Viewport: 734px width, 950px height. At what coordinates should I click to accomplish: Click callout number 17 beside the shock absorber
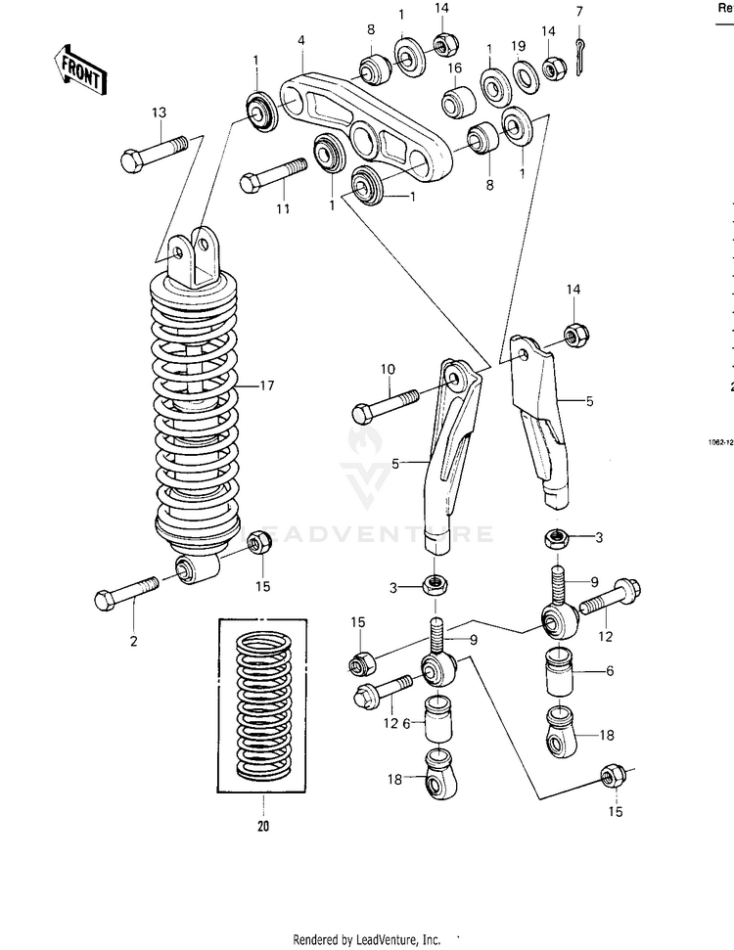tap(267, 385)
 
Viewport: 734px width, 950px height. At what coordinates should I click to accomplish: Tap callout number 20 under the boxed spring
tap(263, 825)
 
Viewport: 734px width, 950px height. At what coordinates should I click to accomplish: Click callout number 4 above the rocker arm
tap(301, 41)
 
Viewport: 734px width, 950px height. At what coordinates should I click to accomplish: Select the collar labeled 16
tap(459, 101)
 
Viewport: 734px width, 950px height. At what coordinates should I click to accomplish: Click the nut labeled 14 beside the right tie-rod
tap(575, 334)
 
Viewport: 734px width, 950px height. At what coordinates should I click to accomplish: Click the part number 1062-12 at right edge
tap(721, 441)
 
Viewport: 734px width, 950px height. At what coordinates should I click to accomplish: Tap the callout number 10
tap(388, 369)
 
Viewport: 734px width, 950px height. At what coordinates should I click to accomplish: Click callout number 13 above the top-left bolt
tap(160, 113)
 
